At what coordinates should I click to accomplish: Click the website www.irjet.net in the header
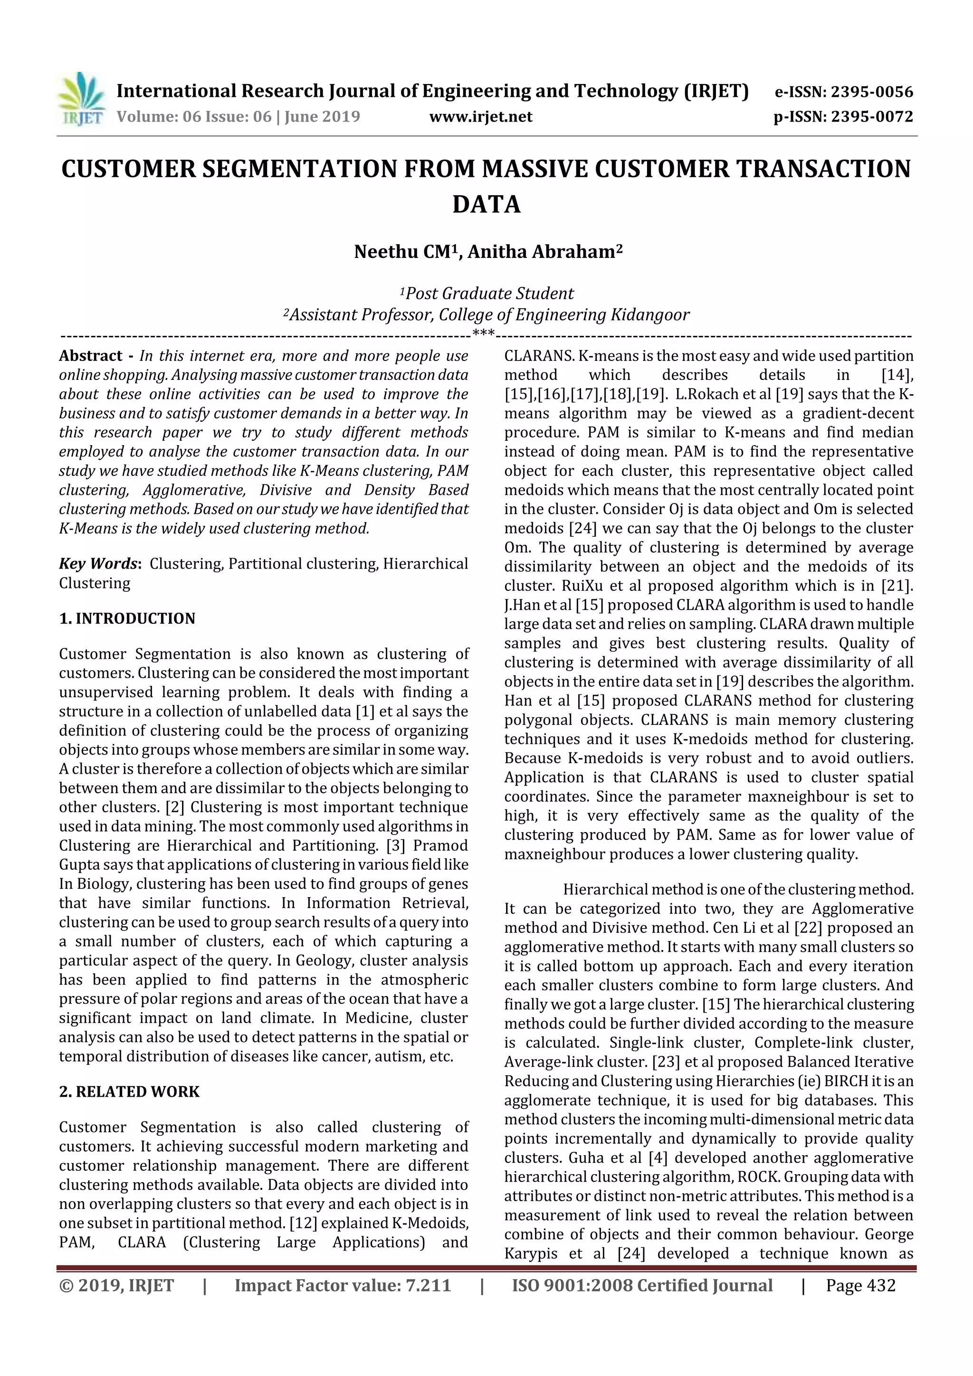point(480,116)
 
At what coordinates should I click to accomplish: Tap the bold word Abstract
point(91,356)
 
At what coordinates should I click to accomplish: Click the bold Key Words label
point(98,564)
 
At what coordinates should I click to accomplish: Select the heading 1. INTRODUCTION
point(127,618)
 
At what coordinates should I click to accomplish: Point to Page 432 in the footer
point(860,1285)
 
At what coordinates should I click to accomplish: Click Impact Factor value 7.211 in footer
point(343,1285)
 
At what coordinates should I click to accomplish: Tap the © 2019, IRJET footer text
point(116,1285)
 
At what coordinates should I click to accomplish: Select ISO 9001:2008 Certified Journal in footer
point(641,1285)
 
